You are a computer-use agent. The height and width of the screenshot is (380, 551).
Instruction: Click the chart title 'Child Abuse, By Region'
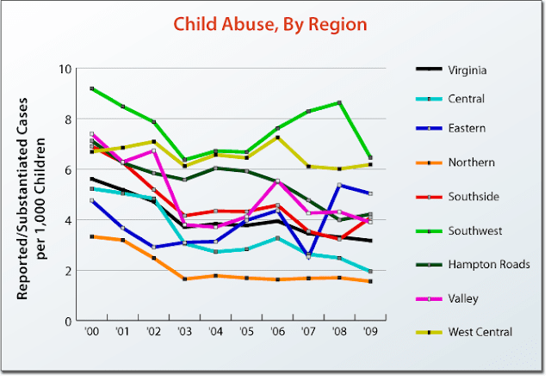pos(270,23)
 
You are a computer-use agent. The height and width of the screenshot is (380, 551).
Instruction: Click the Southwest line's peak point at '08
pos(339,102)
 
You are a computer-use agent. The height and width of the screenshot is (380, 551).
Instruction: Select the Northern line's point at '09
pos(370,281)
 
